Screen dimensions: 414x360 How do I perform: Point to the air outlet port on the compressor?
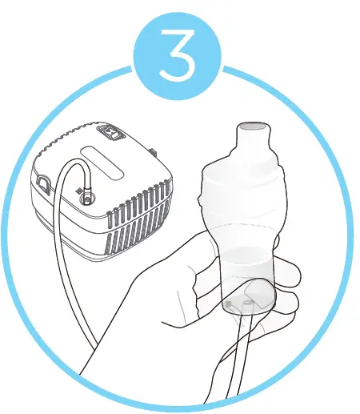click(86, 194)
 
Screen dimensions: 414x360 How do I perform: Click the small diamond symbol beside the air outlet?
click(78, 192)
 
